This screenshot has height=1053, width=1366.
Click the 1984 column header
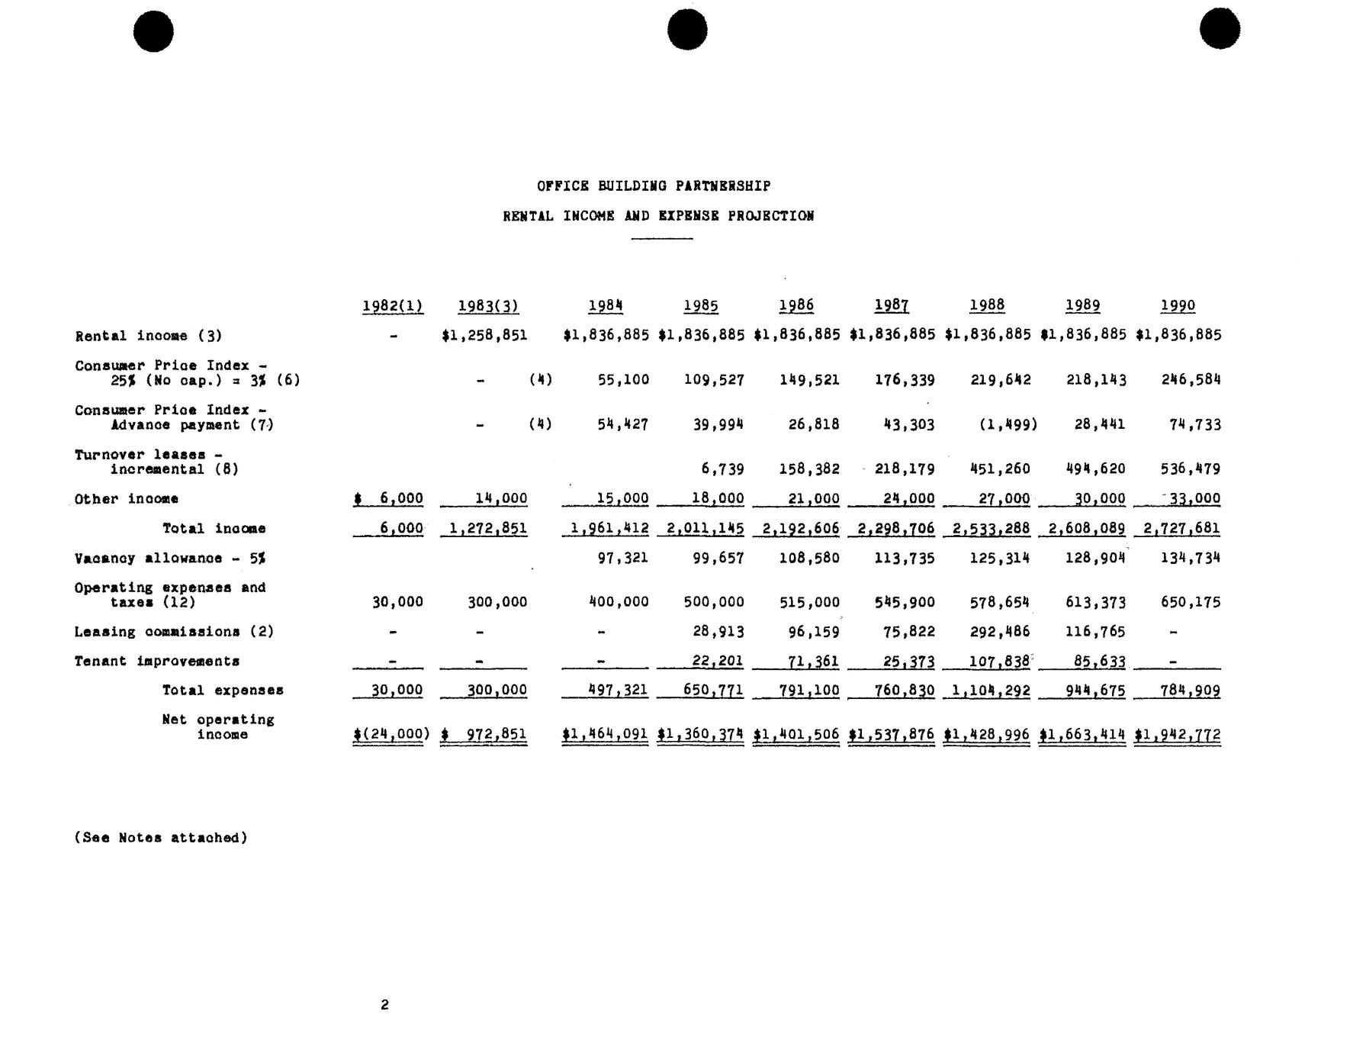pos(606,306)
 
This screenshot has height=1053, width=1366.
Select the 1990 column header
pos(1178,306)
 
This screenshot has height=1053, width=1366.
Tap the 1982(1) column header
pos(392,306)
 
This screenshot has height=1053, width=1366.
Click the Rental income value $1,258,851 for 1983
pos(484,335)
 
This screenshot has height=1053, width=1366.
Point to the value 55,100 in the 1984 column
pos(623,379)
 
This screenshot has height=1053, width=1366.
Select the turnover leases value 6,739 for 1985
pos(721,469)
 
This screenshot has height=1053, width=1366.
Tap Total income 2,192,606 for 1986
pos(796,528)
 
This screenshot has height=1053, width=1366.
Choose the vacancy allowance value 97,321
pos(623,558)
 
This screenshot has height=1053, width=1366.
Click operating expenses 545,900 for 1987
pos(905,602)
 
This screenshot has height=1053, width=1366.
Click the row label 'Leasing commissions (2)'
pos(174,632)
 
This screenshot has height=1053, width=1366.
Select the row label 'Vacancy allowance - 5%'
pos(170,559)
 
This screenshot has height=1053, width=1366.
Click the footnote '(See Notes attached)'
pos(161,838)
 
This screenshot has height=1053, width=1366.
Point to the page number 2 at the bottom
pos(384,1005)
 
